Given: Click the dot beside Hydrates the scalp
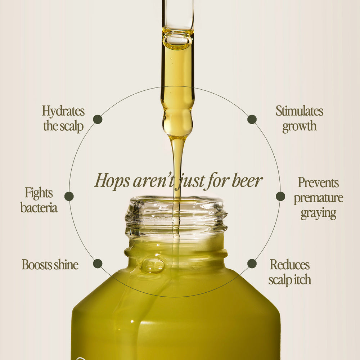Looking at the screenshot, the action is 98,120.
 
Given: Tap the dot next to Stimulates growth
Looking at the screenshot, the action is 252,120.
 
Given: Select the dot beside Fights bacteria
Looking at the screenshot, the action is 69,196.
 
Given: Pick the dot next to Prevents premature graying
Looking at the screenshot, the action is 280,196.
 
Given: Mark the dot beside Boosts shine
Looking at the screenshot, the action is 98,264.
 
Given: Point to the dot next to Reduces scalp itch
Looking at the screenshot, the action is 252,264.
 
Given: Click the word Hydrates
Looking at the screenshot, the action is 63,112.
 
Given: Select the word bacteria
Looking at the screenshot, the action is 39,208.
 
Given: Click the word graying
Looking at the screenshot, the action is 319,214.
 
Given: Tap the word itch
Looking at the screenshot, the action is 303,280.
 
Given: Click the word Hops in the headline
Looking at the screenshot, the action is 112,181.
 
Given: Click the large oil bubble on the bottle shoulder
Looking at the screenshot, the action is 152,266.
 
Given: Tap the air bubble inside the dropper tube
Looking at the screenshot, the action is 177,40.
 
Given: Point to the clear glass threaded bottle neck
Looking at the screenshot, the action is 176,217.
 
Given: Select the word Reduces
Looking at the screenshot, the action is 290,265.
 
